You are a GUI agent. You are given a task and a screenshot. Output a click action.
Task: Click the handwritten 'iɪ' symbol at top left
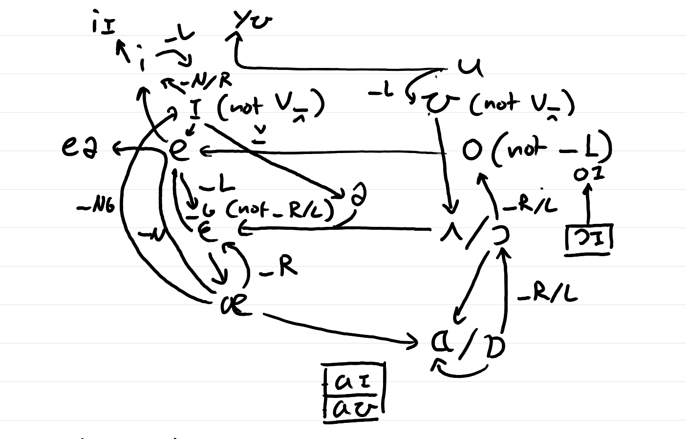click(103, 25)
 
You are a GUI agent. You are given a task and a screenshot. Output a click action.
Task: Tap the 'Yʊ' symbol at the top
click(252, 21)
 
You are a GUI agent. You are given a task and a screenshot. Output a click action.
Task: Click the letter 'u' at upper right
click(471, 67)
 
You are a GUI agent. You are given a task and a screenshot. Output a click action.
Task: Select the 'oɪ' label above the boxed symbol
click(589, 174)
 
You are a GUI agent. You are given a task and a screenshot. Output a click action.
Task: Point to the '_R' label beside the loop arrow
click(279, 268)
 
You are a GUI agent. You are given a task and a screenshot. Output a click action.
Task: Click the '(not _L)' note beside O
click(552, 149)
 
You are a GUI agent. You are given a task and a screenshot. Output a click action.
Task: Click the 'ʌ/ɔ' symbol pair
click(474, 236)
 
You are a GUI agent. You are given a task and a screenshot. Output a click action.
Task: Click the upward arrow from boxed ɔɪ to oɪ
click(587, 205)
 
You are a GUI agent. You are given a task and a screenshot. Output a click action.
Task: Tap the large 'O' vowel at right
click(472, 151)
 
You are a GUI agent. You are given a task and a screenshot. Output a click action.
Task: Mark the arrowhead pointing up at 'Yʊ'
click(236, 37)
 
